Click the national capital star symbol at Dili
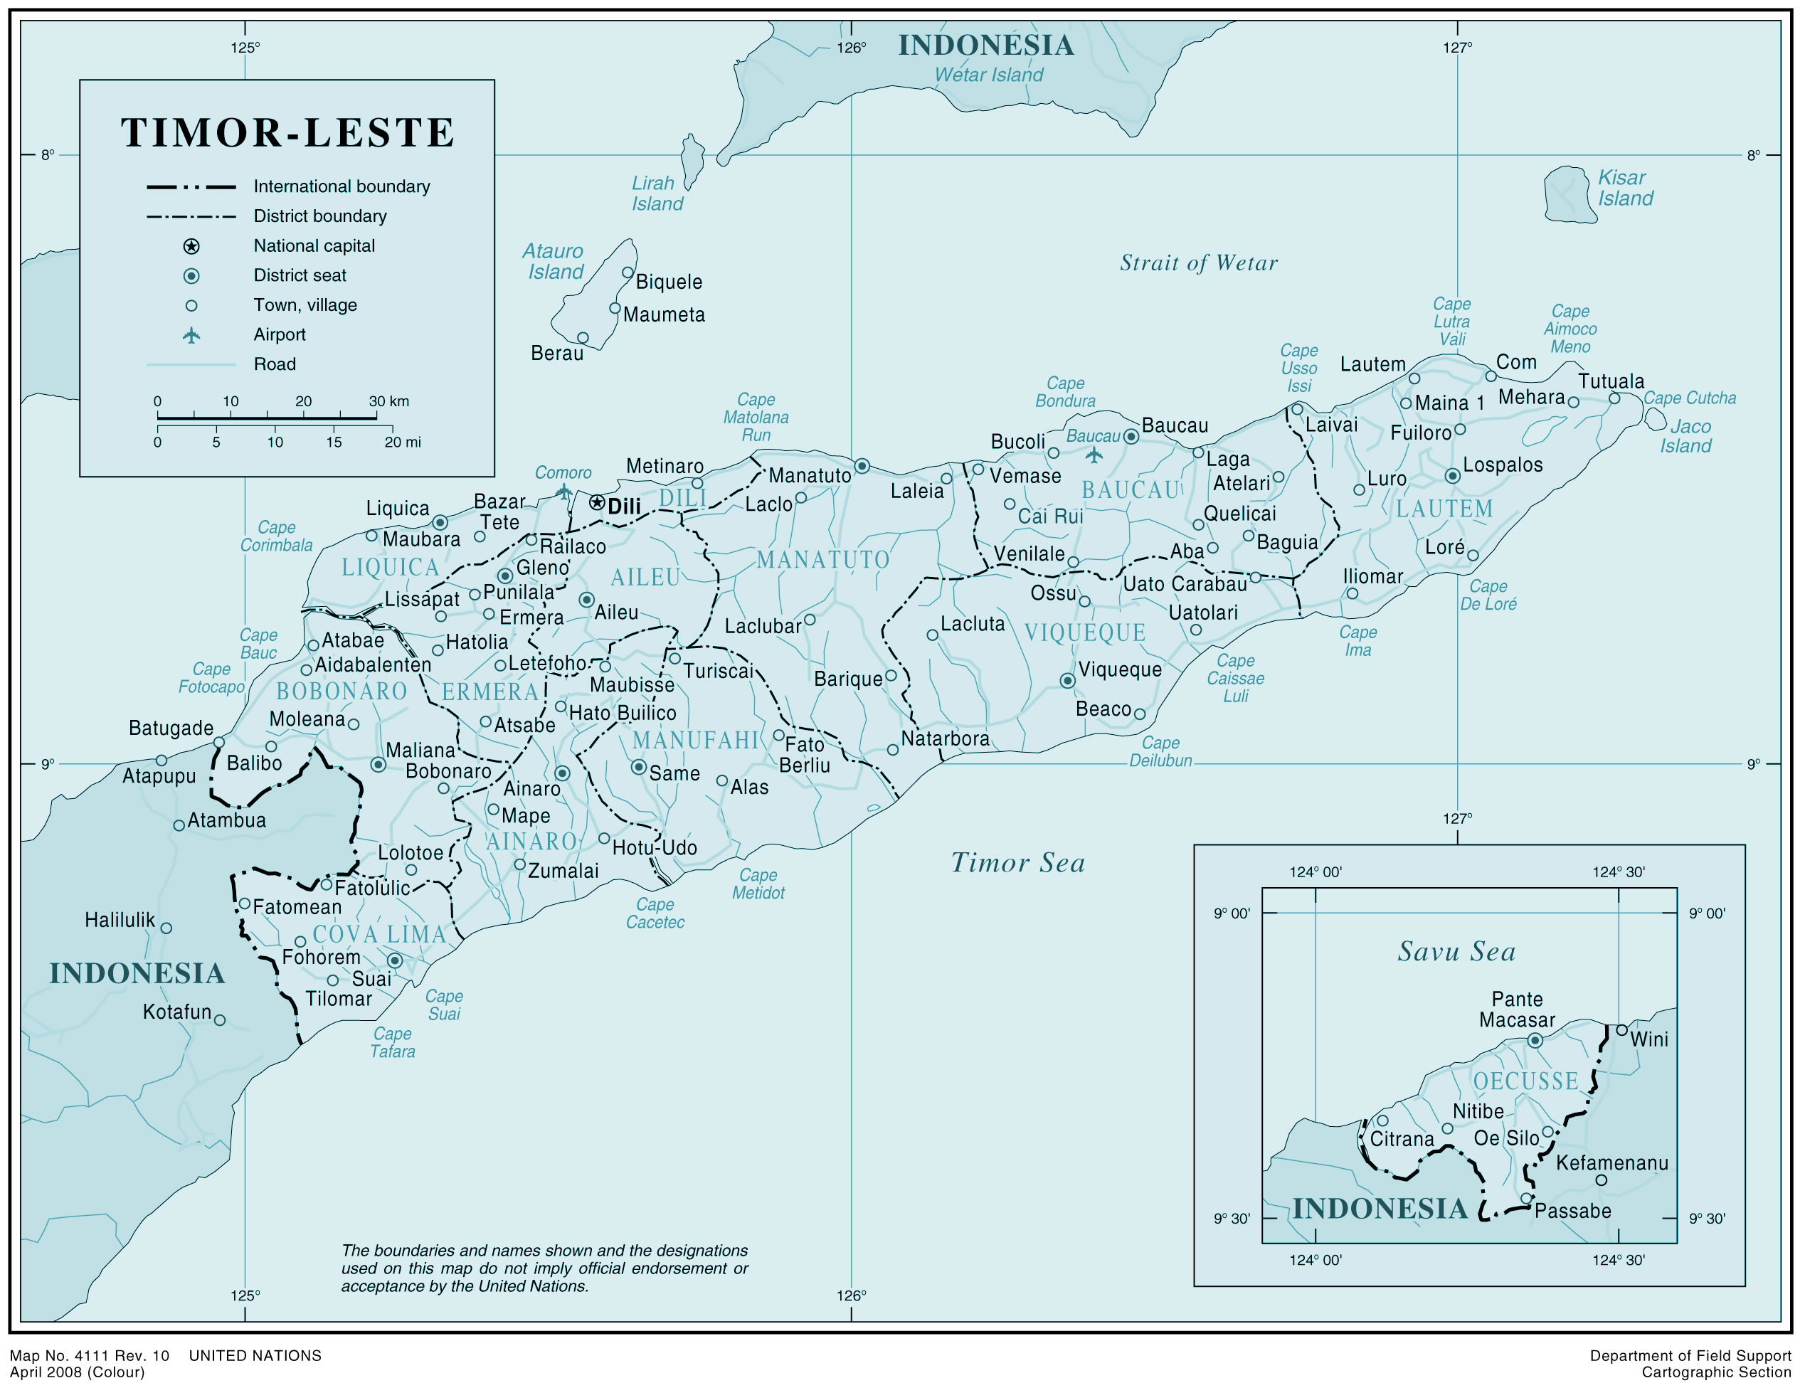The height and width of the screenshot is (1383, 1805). coord(597,502)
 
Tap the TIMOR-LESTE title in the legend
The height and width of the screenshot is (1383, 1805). coord(288,132)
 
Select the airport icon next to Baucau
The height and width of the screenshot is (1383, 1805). coord(1094,455)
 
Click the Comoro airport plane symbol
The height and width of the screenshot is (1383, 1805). coord(563,492)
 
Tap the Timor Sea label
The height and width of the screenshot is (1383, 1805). coord(1017,863)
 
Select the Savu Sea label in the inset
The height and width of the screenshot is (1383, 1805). coord(1456,952)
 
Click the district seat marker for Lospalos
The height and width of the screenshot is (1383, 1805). coord(1453,476)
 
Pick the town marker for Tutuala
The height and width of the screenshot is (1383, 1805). coord(1614,398)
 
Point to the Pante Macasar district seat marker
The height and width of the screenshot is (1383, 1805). coord(1534,1041)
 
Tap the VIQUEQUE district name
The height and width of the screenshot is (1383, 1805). coord(1085,632)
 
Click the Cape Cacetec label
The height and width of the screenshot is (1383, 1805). coord(655,913)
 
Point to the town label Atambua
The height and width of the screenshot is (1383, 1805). coord(226,820)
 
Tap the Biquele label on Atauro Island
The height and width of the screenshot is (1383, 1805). coord(668,282)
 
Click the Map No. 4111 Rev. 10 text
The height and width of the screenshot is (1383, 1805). coord(90,1355)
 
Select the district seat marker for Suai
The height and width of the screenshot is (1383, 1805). coord(395,960)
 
